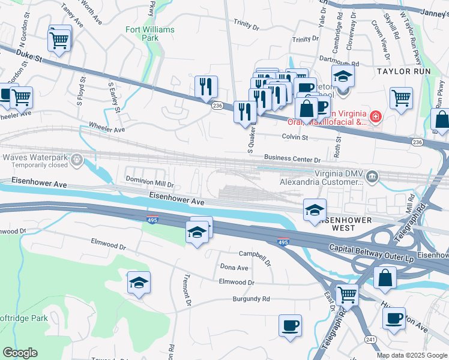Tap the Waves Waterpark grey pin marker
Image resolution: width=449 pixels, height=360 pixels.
[77, 160]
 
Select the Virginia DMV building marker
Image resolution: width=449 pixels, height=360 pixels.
[373, 176]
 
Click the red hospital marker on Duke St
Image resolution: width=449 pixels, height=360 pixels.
[375, 116]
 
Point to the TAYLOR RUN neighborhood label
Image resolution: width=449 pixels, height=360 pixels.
[403, 71]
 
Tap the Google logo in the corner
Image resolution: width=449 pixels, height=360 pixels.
[20, 353]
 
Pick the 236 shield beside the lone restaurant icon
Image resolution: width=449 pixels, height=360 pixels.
[217, 106]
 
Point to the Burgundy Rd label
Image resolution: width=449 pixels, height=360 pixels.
[252, 299]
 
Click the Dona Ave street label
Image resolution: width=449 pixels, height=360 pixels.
[234, 268]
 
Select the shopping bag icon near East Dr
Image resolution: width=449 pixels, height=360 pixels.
[385, 278]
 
